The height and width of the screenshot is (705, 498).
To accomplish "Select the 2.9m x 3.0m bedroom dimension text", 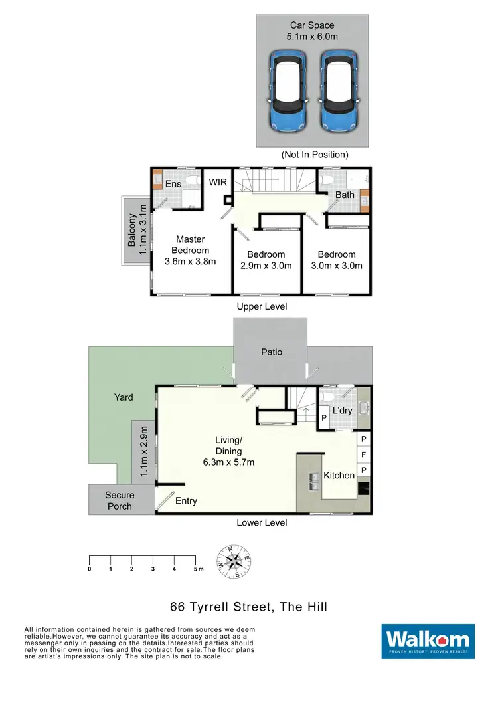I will pos(266,266).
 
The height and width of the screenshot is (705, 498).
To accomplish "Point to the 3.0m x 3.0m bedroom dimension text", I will pos(336,266).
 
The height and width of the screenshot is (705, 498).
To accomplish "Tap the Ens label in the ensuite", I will pos(173,184).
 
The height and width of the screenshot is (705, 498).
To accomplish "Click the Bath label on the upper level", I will pos(345,195).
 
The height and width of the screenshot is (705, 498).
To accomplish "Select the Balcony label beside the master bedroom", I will pos(132,230).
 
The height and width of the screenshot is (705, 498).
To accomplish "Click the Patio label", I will pos(271,352).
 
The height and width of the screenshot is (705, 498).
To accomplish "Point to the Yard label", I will pos(123,397).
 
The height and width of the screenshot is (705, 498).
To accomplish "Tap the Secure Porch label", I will pos(120,500).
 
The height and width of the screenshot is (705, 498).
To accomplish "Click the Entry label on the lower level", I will pos(186,500).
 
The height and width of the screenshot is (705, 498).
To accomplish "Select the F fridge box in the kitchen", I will pos(363,455).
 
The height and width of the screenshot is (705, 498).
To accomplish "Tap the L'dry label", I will pos(342,411).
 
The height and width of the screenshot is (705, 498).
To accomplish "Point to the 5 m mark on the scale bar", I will pos(197,569).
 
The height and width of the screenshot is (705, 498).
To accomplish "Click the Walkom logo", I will pos(428,641).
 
